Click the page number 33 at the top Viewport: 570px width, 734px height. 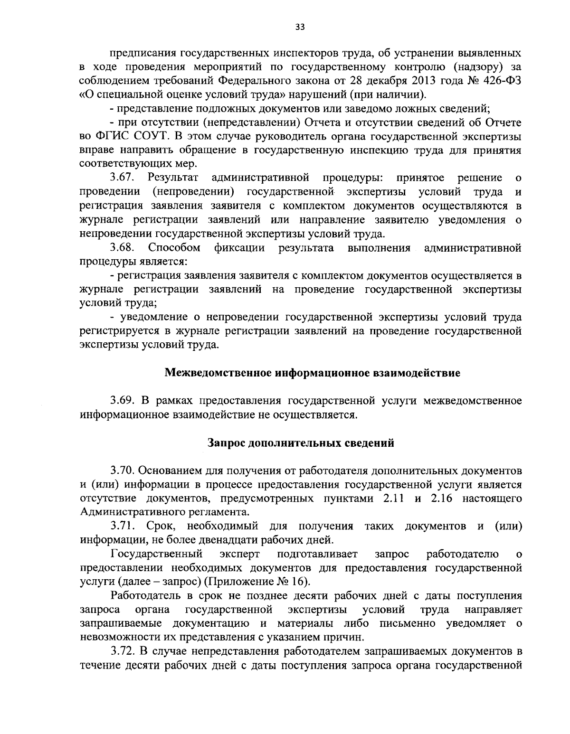300,27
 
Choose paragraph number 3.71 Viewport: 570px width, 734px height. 123,526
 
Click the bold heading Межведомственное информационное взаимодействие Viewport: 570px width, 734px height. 312,373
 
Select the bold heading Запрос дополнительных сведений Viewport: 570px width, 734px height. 301,443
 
